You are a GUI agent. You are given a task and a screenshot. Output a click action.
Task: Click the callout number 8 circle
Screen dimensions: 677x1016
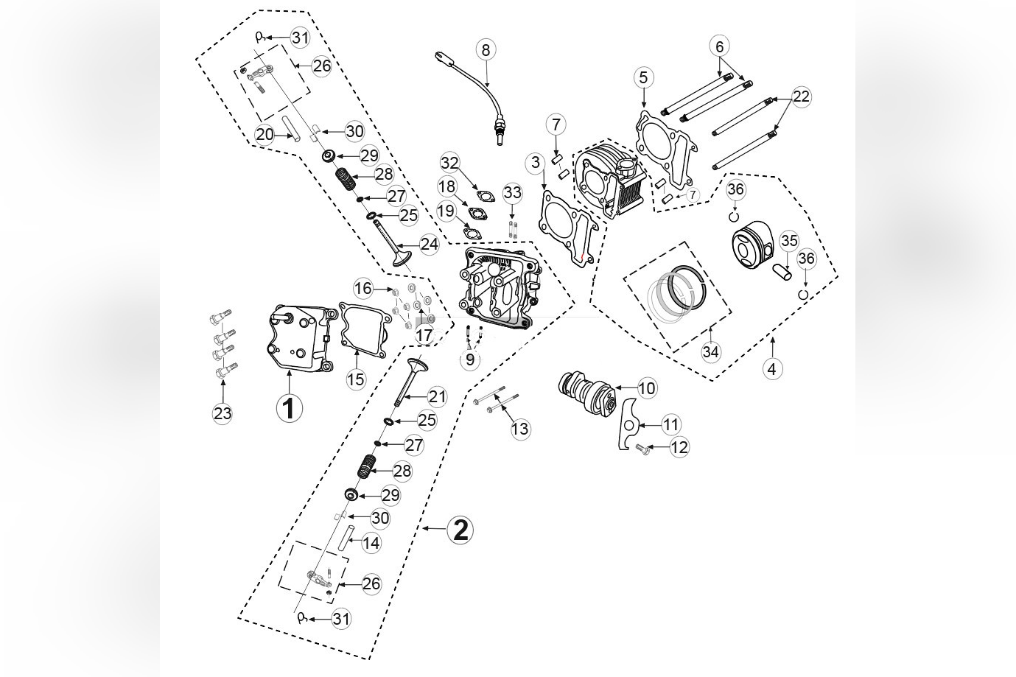point(485,49)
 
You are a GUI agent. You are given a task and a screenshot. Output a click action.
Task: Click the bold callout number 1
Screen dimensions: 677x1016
point(289,407)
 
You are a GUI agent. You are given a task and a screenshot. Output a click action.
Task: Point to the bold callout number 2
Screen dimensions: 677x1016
point(460,530)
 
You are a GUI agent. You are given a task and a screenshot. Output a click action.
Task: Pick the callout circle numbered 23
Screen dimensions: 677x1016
point(223,413)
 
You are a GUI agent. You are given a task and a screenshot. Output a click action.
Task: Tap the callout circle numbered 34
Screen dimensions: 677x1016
point(710,351)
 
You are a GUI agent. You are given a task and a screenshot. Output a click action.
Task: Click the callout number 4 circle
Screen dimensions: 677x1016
point(771,368)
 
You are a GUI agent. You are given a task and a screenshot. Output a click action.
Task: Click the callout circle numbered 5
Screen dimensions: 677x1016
point(643,77)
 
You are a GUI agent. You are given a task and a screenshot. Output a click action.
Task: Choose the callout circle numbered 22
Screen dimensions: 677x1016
point(801,96)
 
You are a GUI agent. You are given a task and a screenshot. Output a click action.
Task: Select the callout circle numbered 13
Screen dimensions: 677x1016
point(520,429)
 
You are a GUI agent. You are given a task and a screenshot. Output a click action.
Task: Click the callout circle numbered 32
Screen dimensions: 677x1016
point(450,163)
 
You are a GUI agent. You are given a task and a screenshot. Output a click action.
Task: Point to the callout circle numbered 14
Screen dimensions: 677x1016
point(371,544)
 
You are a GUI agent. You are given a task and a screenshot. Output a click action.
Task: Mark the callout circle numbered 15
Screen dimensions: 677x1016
point(356,379)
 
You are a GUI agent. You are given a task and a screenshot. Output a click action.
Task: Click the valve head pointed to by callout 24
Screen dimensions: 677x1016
point(402,259)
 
